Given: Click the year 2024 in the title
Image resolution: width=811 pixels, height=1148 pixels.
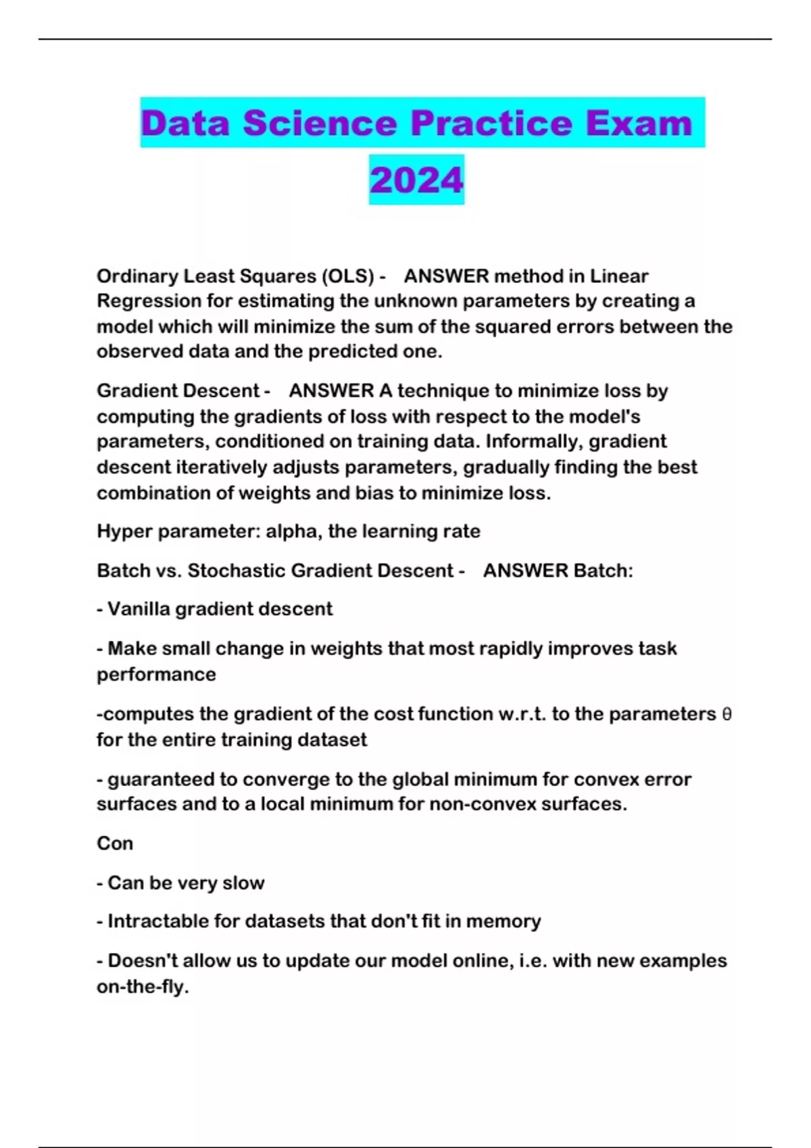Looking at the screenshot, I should click(x=416, y=180).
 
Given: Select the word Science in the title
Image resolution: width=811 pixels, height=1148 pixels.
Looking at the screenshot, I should click(x=319, y=124).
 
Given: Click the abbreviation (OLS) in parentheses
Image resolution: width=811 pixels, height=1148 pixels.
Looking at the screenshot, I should click(x=347, y=276).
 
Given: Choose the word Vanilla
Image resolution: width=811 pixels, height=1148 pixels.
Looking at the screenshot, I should click(x=138, y=609).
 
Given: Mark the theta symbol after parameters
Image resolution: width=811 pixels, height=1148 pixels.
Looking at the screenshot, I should click(x=727, y=714).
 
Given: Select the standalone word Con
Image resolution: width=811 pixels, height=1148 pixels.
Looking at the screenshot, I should click(x=115, y=843).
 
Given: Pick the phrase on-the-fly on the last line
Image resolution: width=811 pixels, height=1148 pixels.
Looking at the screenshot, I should click(x=142, y=987).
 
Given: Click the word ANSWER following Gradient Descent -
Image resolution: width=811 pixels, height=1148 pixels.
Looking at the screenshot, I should click(x=331, y=391).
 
